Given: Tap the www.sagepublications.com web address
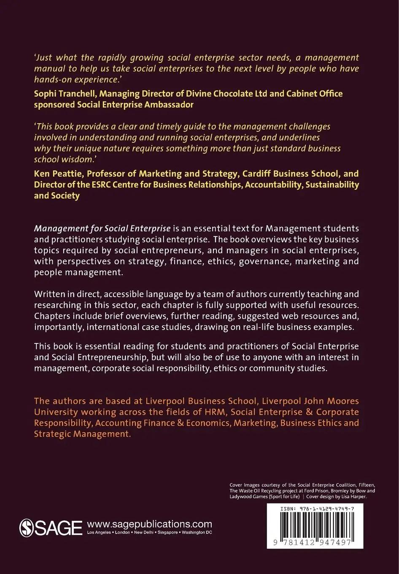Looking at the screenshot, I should (149, 524).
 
